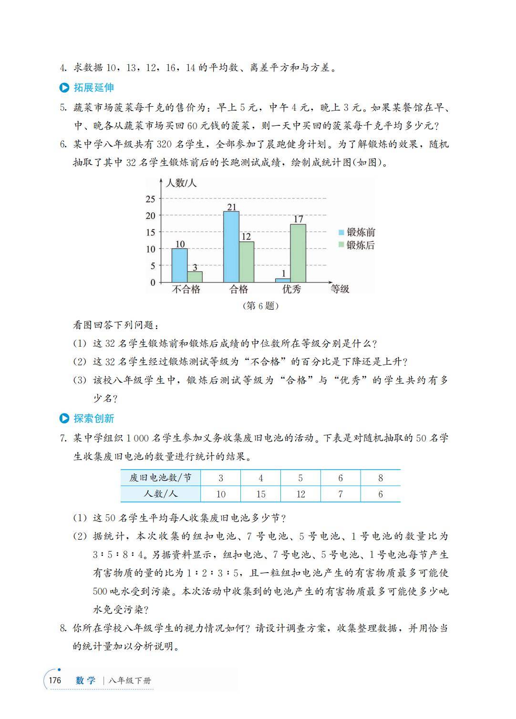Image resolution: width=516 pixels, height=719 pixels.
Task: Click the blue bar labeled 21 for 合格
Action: coord(231,247)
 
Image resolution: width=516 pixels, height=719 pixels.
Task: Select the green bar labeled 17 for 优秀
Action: coord(298,253)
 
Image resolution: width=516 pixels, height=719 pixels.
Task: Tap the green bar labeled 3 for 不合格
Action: coord(195,277)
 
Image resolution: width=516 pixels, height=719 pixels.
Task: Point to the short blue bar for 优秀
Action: coord(283,280)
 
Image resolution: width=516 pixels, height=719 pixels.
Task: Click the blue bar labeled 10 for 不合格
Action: coord(179,265)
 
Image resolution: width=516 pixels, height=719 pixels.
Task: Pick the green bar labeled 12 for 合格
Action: coord(246,261)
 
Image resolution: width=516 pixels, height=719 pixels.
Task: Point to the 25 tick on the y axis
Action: coord(151,199)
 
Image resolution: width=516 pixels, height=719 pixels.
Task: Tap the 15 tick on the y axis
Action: coord(151,233)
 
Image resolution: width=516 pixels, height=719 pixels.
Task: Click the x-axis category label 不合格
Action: coord(186,289)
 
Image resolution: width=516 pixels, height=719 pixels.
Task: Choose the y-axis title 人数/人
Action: coord(180,183)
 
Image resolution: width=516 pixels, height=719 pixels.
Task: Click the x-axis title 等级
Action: coord(340,289)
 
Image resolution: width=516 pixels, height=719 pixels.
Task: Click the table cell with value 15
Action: coord(261,494)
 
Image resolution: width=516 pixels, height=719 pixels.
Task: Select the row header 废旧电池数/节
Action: coord(161,478)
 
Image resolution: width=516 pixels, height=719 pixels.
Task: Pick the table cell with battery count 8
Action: coord(381,478)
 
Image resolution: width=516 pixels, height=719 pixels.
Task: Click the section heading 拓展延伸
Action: coord(93,88)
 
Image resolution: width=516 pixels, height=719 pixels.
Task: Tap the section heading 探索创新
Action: coord(93,419)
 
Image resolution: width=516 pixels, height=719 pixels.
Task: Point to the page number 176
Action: coord(55,680)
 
